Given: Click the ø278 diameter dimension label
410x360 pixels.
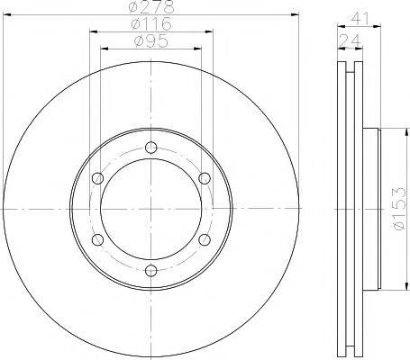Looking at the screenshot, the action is pyautogui.click(x=151, y=6).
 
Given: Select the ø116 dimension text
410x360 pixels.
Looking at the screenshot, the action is pyautogui.click(x=151, y=23).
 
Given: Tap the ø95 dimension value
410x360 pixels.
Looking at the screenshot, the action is pyautogui.click(x=151, y=40).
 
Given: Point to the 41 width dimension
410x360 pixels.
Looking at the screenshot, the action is pyautogui.click(x=360, y=19).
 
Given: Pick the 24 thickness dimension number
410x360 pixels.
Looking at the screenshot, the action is pyautogui.click(x=350, y=40).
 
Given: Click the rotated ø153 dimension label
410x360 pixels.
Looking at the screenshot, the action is pyautogui.click(x=399, y=209).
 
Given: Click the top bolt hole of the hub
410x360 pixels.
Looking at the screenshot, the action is pyautogui.click(x=151, y=147).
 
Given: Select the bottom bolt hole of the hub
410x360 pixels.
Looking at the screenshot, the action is pyautogui.click(x=151, y=271).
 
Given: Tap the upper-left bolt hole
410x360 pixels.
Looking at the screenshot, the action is pyautogui.click(x=97, y=178).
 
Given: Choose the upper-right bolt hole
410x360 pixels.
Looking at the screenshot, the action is pyautogui.click(x=205, y=178).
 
